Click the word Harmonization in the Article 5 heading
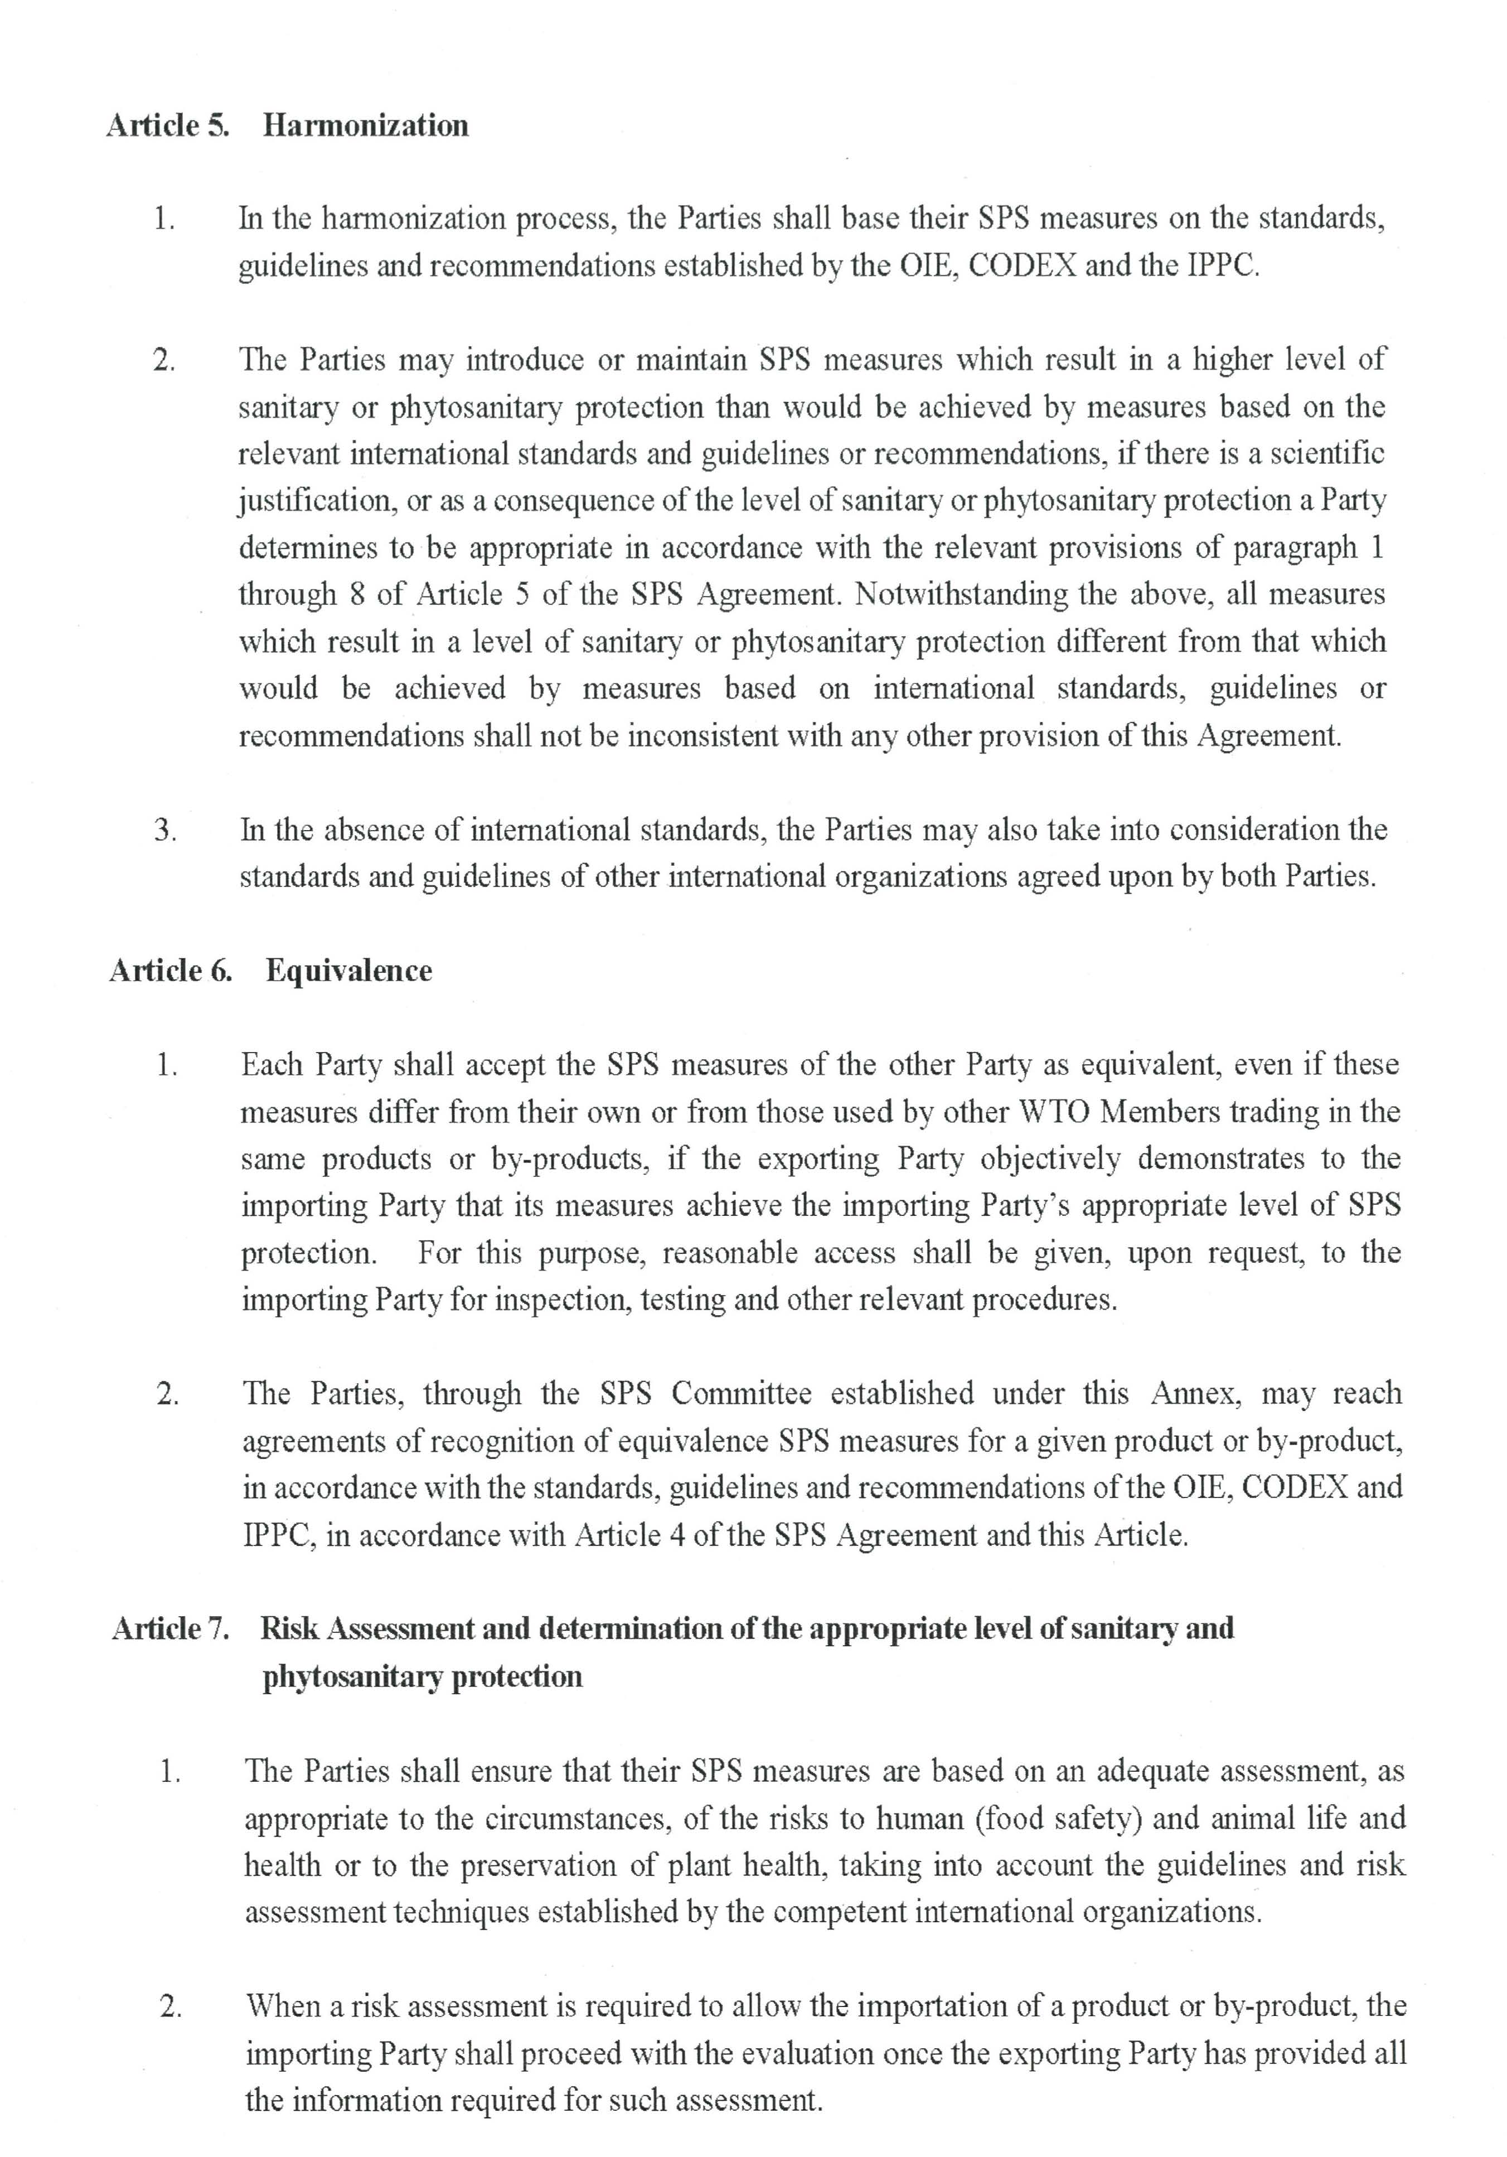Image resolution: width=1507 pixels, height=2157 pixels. [x=366, y=126]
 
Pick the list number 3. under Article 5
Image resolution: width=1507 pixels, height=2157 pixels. [x=166, y=831]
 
